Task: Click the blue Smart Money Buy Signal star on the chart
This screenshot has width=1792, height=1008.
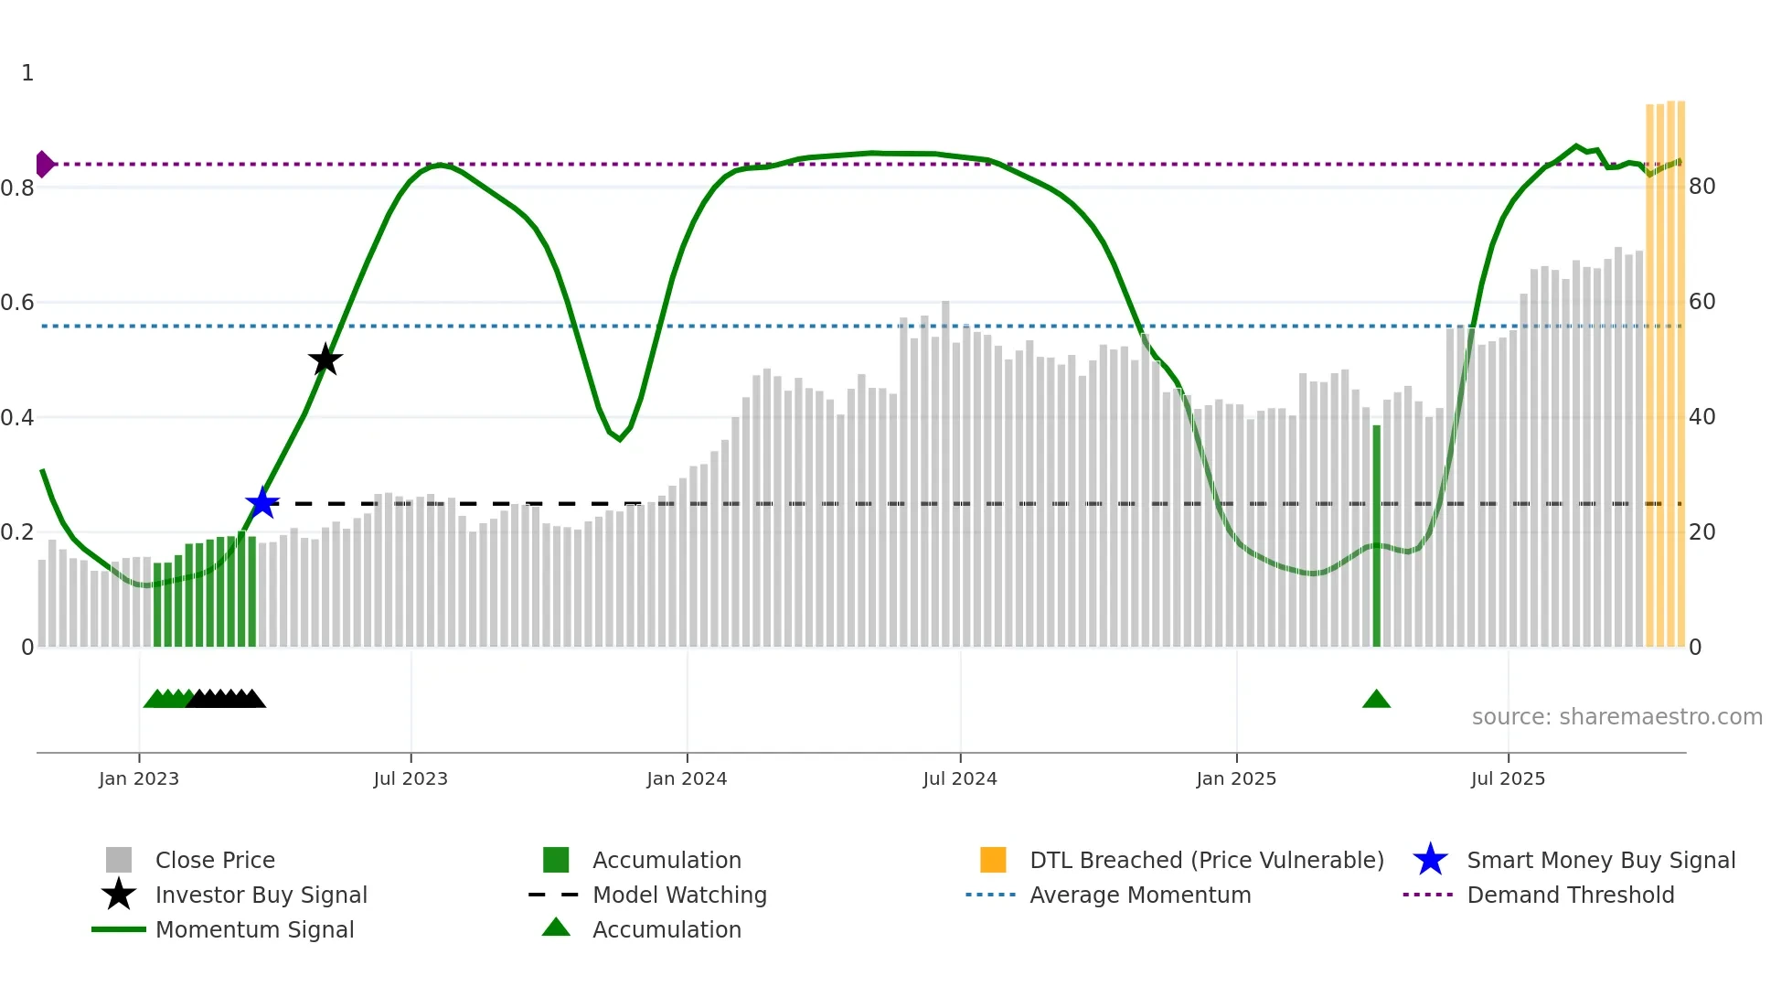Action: pyautogui.click(x=262, y=503)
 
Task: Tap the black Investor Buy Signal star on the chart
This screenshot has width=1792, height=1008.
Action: pyautogui.click(x=325, y=359)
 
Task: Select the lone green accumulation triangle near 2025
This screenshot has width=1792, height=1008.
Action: pyautogui.click(x=1376, y=700)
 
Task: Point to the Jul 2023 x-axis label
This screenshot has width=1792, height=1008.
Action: pyautogui.click(x=411, y=778)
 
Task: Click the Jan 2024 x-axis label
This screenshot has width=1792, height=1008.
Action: pyautogui.click(x=687, y=778)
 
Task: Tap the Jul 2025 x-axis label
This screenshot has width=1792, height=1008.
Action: pyautogui.click(x=1508, y=778)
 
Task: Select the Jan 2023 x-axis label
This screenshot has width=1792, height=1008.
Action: pyautogui.click(x=139, y=778)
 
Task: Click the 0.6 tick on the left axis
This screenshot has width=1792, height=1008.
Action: pyautogui.click(x=18, y=302)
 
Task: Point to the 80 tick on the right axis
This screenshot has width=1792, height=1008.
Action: pyautogui.click(x=1701, y=187)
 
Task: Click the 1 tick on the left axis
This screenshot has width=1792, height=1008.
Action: pyautogui.click(x=27, y=73)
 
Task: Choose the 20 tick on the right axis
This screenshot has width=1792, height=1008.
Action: pyautogui.click(x=1701, y=532)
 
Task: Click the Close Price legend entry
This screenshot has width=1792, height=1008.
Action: pyautogui.click(x=215, y=860)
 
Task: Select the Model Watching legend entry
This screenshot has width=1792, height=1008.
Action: pyautogui.click(x=679, y=895)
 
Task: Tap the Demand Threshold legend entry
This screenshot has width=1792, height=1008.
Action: pyautogui.click(x=1570, y=895)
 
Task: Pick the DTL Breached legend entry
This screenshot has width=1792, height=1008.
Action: pyautogui.click(x=1206, y=860)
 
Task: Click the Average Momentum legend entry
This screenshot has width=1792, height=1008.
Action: pyautogui.click(x=1140, y=895)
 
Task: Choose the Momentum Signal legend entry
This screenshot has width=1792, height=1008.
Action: pyautogui.click(x=254, y=929)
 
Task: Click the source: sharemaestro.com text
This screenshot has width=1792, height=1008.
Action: pyautogui.click(x=1616, y=716)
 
